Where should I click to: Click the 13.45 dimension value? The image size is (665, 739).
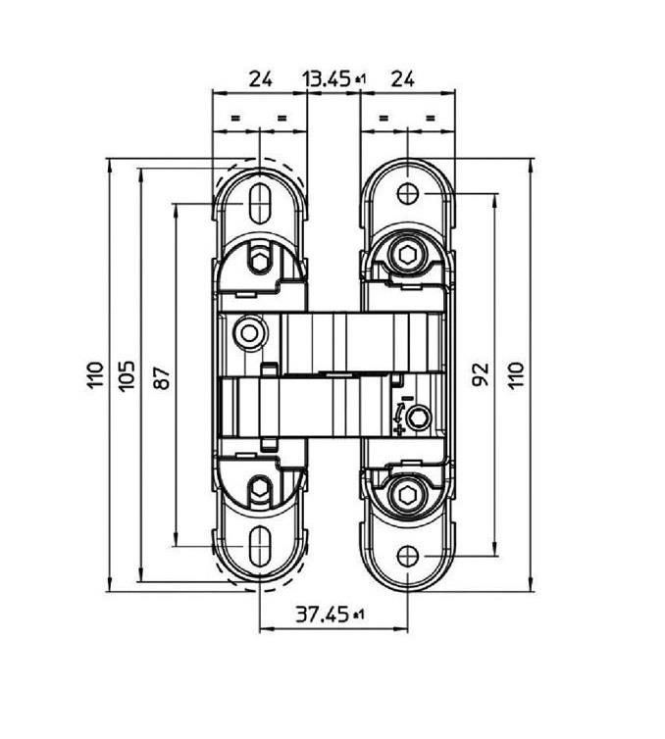tap(327, 79)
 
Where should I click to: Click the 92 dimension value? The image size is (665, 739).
tap(481, 374)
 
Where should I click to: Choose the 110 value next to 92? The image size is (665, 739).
tap(516, 374)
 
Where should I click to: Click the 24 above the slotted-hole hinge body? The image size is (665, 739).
tap(259, 79)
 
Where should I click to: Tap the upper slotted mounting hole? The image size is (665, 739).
tap(260, 204)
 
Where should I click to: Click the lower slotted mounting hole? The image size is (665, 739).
tap(260, 544)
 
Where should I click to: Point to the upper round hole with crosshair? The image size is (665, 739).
tap(407, 194)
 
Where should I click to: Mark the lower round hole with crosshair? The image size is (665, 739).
tap(407, 556)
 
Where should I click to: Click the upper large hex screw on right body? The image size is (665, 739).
tap(407, 256)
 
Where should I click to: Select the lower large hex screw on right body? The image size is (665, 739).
tap(407, 493)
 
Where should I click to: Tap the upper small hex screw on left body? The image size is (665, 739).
tap(260, 261)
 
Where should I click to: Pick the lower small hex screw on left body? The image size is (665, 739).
tap(260, 488)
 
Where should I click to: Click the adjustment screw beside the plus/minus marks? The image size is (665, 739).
tap(420, 420)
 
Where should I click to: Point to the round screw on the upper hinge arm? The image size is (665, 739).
tap(250, 334)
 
